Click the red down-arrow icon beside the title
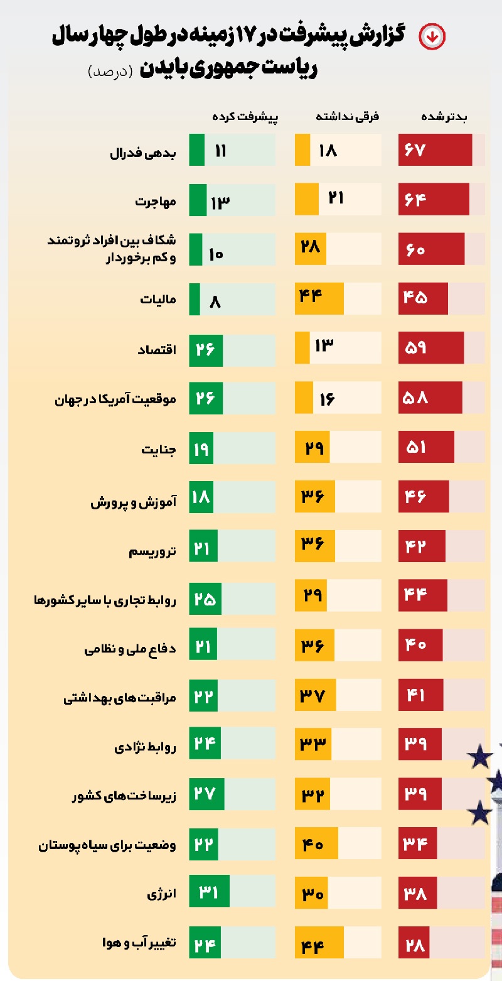432,36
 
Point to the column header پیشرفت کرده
245,117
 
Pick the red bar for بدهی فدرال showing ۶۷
435,151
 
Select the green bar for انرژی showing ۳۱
210,894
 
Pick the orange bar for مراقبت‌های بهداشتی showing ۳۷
316,696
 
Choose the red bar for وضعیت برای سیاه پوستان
417,845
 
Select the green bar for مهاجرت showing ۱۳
198,201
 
